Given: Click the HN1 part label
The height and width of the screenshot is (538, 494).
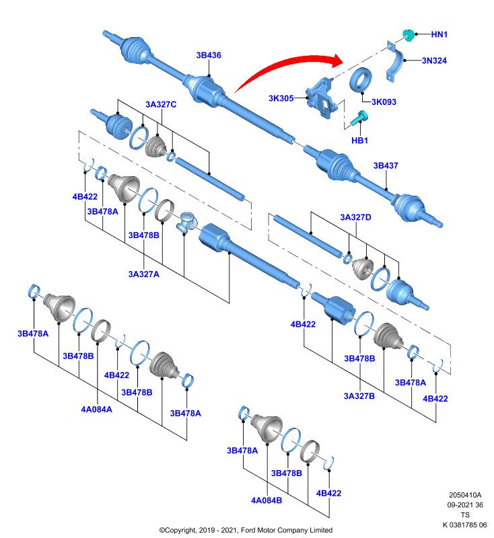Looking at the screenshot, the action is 439,34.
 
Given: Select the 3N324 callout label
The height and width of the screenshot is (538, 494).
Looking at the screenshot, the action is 434,61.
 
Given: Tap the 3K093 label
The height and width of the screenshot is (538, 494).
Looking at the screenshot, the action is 384,102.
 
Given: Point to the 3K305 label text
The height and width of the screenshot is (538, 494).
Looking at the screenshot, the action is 281,98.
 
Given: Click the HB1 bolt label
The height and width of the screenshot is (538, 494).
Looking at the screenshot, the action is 359,141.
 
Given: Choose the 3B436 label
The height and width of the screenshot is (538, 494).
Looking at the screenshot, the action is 209,55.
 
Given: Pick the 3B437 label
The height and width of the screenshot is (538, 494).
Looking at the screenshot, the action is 386,165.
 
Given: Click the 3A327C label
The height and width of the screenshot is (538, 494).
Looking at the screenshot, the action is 161,104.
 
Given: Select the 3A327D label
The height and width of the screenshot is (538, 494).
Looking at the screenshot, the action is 355,217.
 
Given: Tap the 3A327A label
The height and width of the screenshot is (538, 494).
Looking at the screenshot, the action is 144,274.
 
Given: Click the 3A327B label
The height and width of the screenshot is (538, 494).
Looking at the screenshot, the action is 359,396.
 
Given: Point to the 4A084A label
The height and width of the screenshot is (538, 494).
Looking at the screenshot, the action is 96,410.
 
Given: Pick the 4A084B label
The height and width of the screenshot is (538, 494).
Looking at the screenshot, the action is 267,500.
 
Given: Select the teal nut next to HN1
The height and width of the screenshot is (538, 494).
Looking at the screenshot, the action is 408,35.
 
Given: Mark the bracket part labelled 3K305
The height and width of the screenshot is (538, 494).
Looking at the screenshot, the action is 321,98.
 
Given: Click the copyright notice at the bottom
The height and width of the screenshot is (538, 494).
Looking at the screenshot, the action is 246,530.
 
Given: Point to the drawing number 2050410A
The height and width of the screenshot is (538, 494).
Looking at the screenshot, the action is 465,495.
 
